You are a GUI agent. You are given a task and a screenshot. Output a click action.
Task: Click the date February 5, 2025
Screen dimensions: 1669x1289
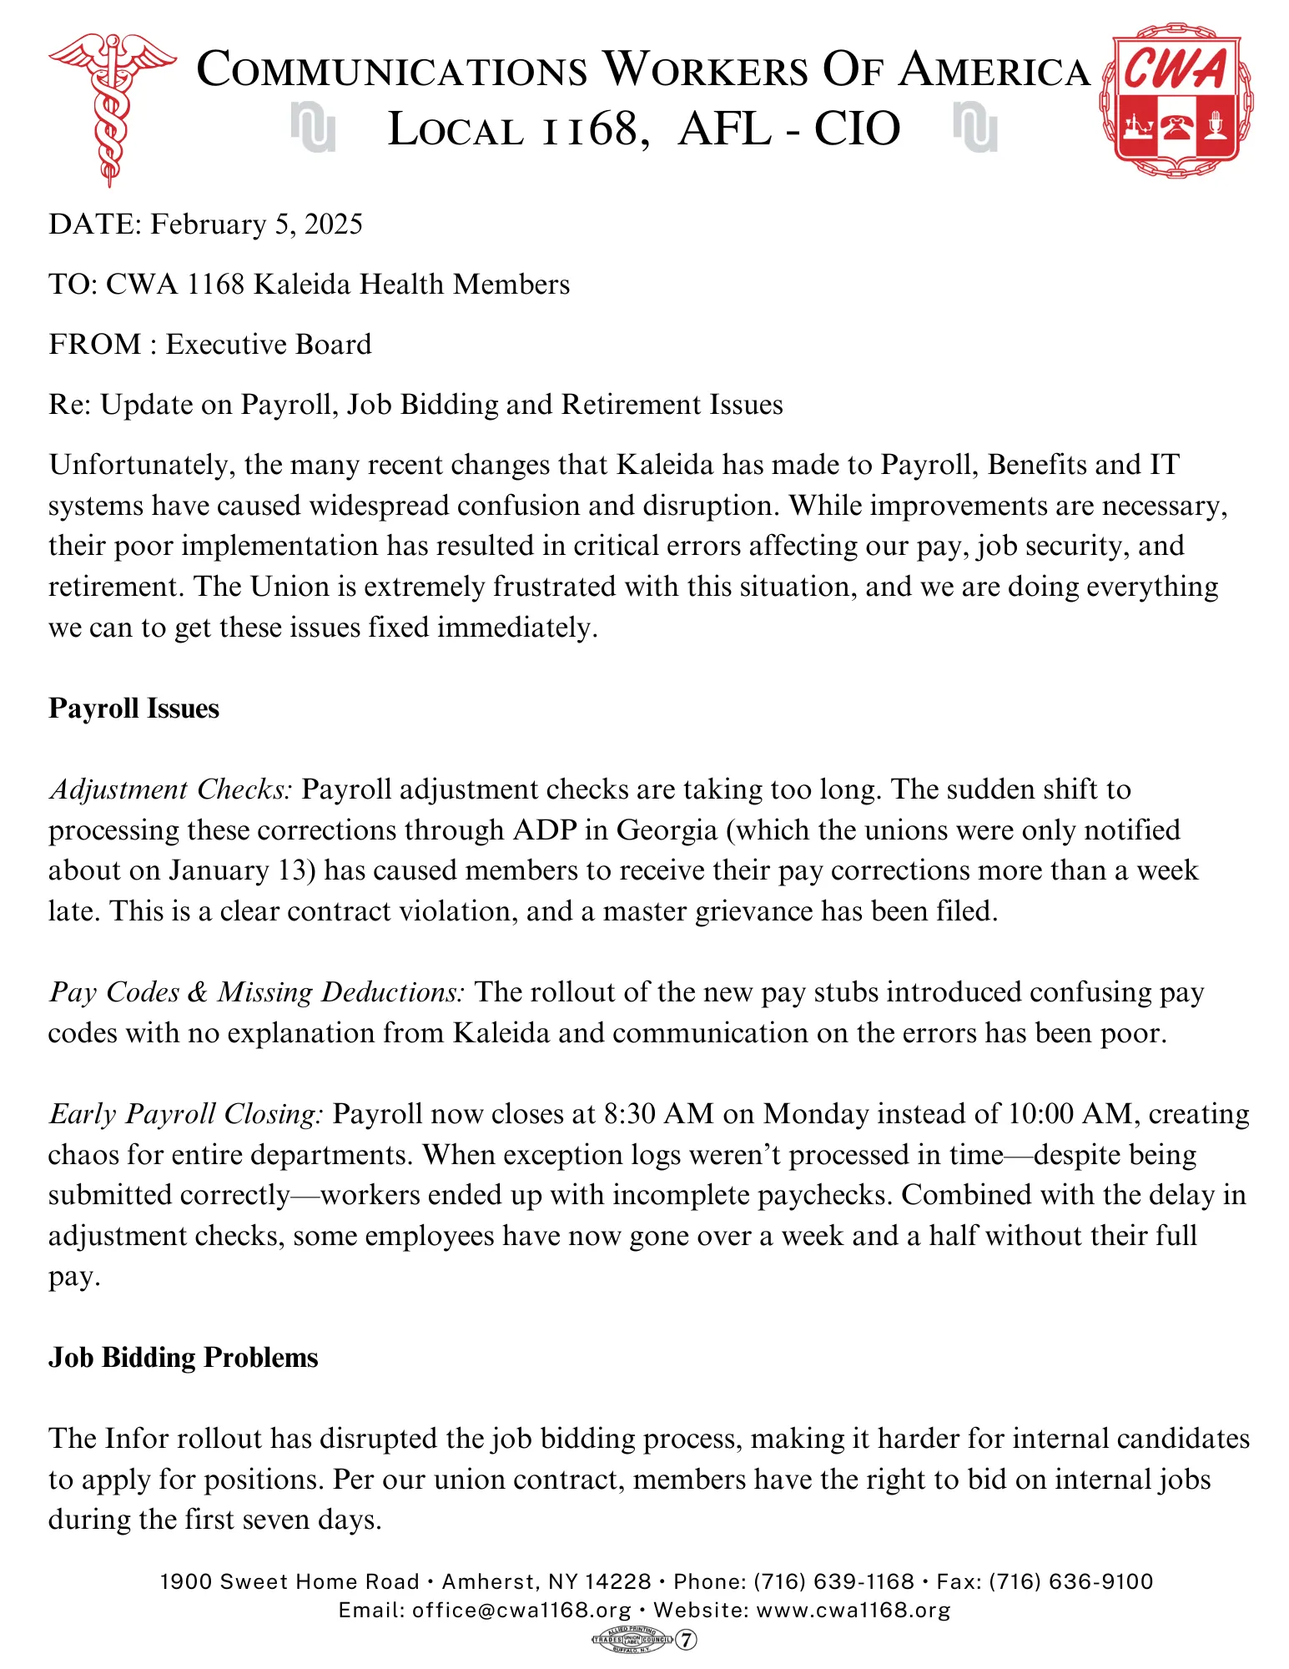[x=256, y=224]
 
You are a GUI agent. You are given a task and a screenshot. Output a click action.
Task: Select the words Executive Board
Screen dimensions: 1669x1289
[x=269, y=345]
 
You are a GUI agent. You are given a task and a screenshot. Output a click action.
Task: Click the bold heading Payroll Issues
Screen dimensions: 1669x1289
[x=133, y=708]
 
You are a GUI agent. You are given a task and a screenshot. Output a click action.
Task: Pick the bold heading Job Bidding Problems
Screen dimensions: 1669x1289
[x=183, y=1358]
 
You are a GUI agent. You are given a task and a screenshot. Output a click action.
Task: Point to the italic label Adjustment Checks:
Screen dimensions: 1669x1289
[x=170, y=789]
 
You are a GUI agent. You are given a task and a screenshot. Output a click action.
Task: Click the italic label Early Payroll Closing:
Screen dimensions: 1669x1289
[x=185, y=1114]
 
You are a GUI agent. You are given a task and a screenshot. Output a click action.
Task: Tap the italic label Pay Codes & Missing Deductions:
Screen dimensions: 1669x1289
[x=256, y=992]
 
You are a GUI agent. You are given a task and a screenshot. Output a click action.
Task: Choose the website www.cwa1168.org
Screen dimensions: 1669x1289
[x=853, y=1611]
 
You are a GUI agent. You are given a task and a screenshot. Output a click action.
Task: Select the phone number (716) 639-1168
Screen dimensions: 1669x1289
[x=834, y=1582]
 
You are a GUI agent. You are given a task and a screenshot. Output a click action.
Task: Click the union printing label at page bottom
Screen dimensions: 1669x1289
[x=643, y=1640]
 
